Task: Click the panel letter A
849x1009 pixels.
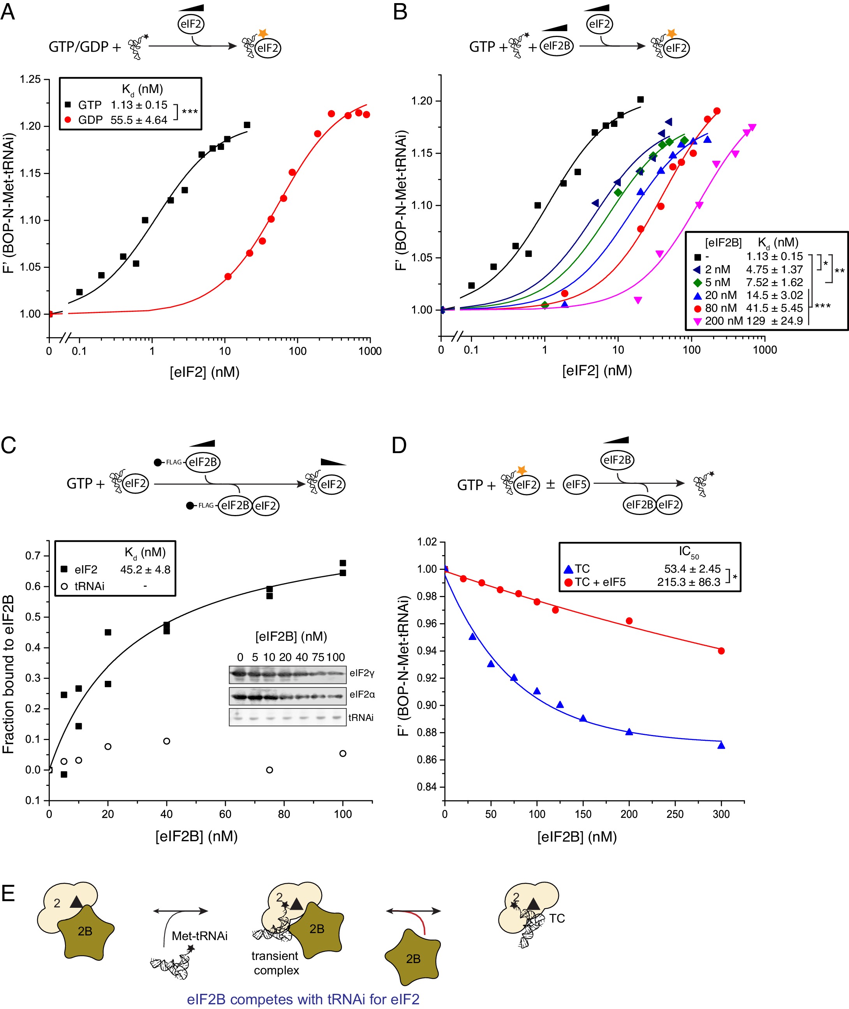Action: click(x=8, y=12)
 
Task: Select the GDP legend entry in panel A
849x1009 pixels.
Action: click(x=90, y=120)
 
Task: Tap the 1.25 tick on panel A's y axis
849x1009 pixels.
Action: click(x=30, y=79)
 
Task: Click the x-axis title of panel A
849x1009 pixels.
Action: click(x=204, y=372)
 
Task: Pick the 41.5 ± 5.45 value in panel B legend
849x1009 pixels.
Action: click(x=774, y=308)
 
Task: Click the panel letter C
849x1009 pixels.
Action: click(x=8, y=445)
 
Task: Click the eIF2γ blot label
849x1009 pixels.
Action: click(x=362, y=673)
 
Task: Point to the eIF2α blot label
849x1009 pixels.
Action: click(x=362, y=694)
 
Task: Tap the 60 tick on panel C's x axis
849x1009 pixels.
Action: click(x=225, y=814)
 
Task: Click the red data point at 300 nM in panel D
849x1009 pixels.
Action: click(x=721, y=650)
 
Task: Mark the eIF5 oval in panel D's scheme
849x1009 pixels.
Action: click(x=576, y=485)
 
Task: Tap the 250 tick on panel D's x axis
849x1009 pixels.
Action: click(x=675, y=814)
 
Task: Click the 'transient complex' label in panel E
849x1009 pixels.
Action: click(x=276, y=963)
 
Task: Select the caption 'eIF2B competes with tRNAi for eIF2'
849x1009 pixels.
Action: click(x=303, y=999)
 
